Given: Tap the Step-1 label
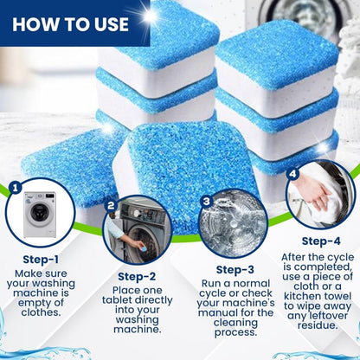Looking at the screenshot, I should (x=41, y=259).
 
